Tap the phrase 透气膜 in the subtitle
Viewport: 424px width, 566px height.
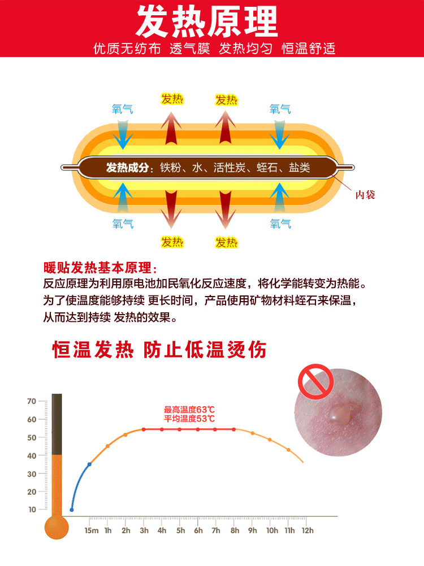(x=189, y=49)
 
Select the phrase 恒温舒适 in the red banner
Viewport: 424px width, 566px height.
(x=309, y=49)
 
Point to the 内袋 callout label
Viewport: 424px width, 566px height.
(x=365, y=195)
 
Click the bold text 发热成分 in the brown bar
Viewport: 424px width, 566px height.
(x=129, y=168)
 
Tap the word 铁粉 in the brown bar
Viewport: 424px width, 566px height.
(x=171, y=168)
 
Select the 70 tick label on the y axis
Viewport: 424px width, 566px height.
(x=32, y=401)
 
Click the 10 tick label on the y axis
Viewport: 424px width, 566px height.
(x=32, y=510)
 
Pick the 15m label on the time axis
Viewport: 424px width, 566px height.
(x=91, y=530)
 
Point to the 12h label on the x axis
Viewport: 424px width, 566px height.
(x=307, y=530)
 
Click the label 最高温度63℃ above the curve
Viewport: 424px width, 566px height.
(x=189, y=410)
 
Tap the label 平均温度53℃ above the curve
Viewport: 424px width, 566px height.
(x=189, y=419)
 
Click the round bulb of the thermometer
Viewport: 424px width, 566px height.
(x=57, y=527)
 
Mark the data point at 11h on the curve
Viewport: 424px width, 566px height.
(x=288, y=450)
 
